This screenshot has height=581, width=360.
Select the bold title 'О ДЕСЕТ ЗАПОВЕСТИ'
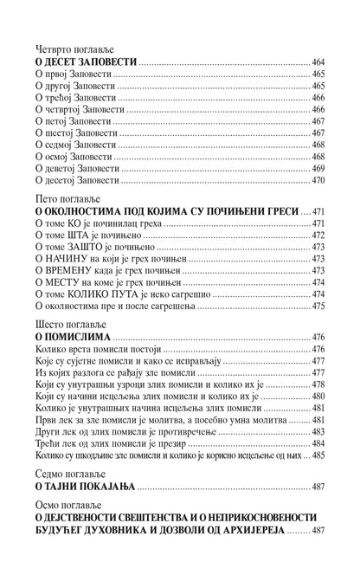pyautogui.click(x=87, y=64)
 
